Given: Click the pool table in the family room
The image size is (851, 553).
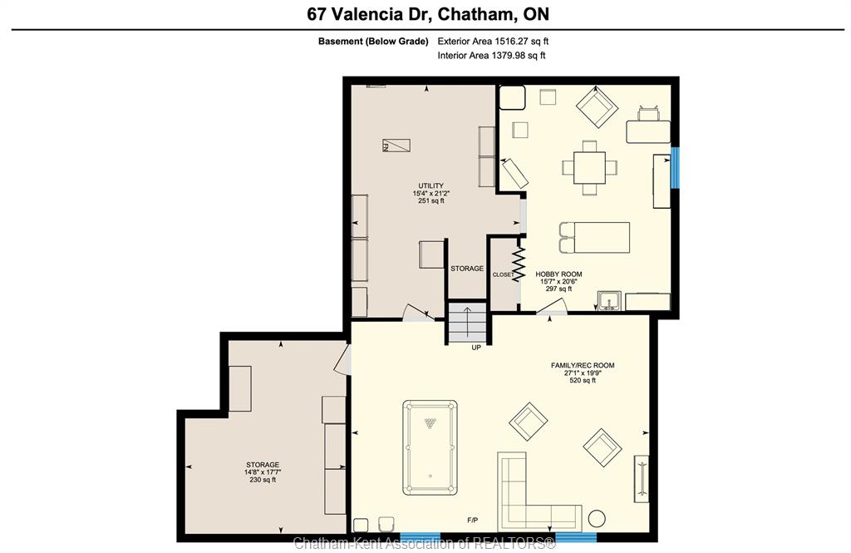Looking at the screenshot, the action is [x=430, y=447].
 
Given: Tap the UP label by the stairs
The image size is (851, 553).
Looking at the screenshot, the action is [x=476, y=348].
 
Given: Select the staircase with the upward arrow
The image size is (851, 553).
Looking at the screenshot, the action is [x=467, y=323].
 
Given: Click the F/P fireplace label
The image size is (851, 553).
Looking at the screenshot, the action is [x=473, y=521].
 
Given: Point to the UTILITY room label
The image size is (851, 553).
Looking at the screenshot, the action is [x=431, y=185].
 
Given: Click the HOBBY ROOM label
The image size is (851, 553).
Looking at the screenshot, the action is [x=558, y=274].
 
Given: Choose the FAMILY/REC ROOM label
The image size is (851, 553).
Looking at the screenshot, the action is [x=583, y=366].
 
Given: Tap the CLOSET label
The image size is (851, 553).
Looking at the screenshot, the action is [x=503, y=275].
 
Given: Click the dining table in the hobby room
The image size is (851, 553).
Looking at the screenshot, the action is [x=589, y=167].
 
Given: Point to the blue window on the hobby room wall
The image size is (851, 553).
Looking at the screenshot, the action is [x=675, y=168].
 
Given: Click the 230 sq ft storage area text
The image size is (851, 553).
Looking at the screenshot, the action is [x=263, y=480].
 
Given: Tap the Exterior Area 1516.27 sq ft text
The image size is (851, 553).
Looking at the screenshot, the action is [x=493, y=41].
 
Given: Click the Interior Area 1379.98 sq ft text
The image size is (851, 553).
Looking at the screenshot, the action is [x=491, y=56].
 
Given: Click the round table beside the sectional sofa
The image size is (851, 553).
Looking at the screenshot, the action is [x=597, y=518].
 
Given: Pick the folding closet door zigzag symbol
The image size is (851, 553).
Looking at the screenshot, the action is [x=519, y=264].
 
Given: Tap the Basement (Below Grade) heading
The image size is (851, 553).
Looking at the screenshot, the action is [x=373, y=42].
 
